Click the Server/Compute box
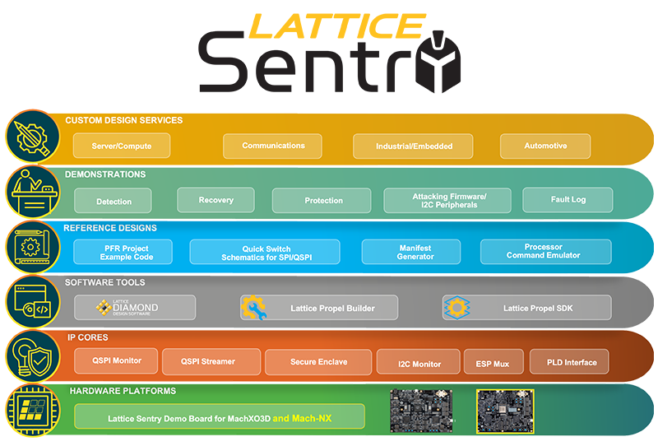(x=122, y=146)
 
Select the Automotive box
(x=545, y=146)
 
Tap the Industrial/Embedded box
(x=413, y=146)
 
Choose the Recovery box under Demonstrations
(x=215, y=200)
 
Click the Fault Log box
(x=568, y=200)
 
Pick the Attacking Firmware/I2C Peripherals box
(x=447, y=200)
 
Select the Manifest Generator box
(x=410, y=252)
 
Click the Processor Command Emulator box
(x=545, y=252)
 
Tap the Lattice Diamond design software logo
(x=127, y=308)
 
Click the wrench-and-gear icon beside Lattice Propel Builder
(x=253, y=308)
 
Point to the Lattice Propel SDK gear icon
(x=456, y=308)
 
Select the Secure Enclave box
(x=318, y=361)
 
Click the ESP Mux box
(x=493, y=361)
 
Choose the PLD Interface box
(x=569, y=361)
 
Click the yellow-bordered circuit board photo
(x=505, y=411)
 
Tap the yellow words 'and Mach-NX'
(x=302, y=418)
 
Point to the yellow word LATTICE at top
(x=337, y=26)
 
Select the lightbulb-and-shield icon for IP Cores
(x=33, y=356)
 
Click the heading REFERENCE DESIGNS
(x=110, y=228)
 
